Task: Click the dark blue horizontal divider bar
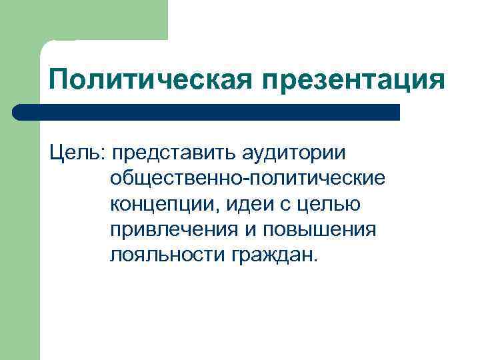pyautogui.click(x=207, y=112)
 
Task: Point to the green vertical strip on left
pyautogui.click(x=20, y=233)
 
